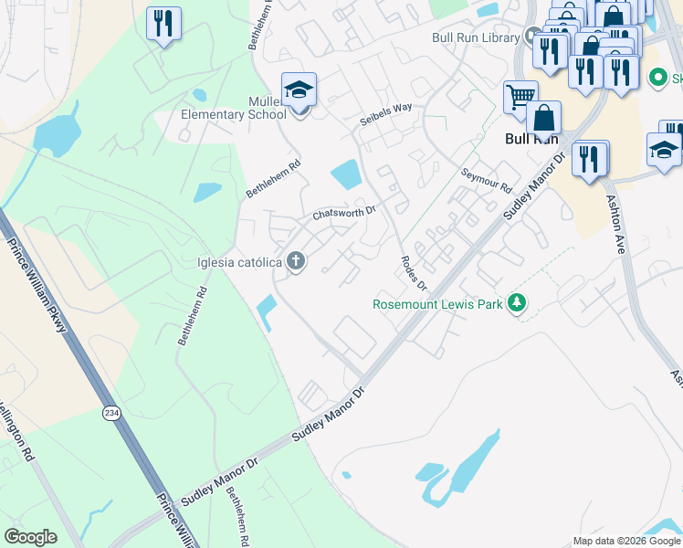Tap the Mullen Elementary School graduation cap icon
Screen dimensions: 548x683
299,90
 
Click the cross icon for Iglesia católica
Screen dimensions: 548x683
295,262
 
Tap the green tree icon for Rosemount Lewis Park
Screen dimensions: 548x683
518,303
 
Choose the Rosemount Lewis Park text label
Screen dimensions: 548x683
437,303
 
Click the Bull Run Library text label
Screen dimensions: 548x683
476,37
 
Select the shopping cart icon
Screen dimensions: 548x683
520,96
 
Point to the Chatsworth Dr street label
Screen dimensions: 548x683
344,214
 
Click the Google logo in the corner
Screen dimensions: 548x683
30,537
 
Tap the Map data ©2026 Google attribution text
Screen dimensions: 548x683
626,541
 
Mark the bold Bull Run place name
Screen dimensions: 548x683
531,140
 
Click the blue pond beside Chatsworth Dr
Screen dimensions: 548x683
345,173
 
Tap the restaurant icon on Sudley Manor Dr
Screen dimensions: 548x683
591,159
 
